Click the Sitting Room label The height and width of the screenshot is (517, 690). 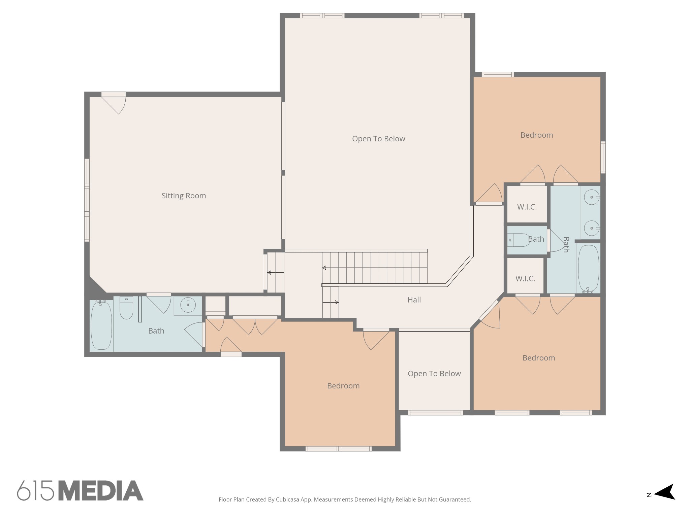pyautogui.click(x=184, y=196)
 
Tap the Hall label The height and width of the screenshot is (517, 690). pyautogui.click(x=414, y=300)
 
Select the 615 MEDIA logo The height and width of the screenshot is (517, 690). pyautogui.click(x=80, y=491)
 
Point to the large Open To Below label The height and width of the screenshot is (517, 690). pyautogui.click(x=378, y=139)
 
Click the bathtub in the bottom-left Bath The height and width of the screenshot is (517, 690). pyautogui.click(x=101, y=325)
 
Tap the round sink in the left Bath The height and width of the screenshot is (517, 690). pyautogui.click(x=188, y=305)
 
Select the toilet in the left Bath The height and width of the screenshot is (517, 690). pyautogui.click(x=126, y=308)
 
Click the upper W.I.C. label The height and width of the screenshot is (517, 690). pyautogui.click(x=527, y=207)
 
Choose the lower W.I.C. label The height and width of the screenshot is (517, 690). pyautogui.click(x=525, y=279)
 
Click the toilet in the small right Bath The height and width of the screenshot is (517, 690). pyautogui.click(x=519, y=240)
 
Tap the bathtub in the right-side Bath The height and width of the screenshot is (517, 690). pyautogui.click(x=589, y=269)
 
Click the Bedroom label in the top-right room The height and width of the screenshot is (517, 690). pyautogui.click(x=536, y=135)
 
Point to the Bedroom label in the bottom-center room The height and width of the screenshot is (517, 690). pyautogui.click(x=343, y=386)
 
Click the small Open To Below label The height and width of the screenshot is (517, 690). pyautogui.click(x=434, y=374)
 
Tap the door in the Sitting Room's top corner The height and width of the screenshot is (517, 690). pyautogui.click(x=115, y=104)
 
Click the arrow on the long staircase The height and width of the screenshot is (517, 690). pyautogui.click(x=325, y=268)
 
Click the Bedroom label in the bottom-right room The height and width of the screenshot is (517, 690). pyautogui.click(x=538, y=358)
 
